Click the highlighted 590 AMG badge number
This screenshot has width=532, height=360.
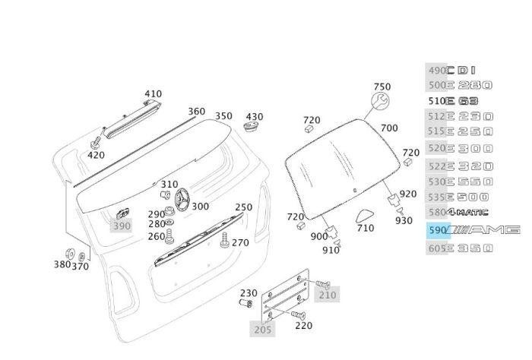(x=438, y=229)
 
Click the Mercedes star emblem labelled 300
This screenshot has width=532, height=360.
(x=182, y=202)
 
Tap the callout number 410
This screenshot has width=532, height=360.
(x=153, y=94)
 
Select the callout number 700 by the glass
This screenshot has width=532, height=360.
(x=388, y=128)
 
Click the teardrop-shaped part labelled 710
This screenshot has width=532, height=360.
(x=365, y=216)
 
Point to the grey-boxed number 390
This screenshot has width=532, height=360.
(x=122, y=226)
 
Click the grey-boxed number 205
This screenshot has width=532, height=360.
(x=261, y=329)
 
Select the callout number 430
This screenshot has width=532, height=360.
(x=254, y=117)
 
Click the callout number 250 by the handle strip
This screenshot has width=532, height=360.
(x=243, y=207)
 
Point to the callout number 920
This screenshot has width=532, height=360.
(x=408, y=194)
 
